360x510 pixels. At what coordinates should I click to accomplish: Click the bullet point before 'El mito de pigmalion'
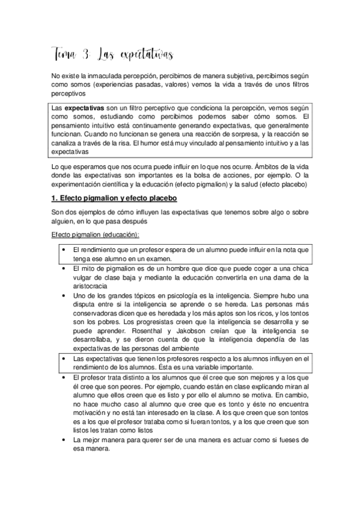[64, 268]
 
